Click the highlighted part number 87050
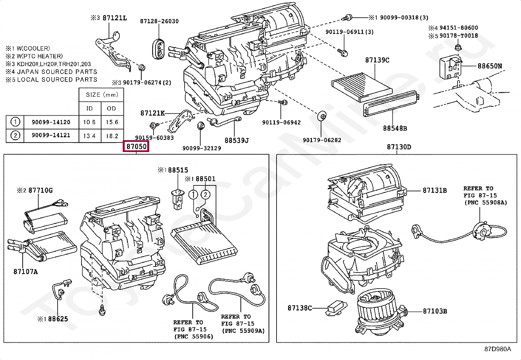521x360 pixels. point(136,146)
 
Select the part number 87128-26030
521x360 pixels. point(159,21)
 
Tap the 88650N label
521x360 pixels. point(489,66)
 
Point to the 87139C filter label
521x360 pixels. point(377,60)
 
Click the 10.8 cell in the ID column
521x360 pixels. point(89,122)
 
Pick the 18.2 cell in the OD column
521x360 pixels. point(112,136)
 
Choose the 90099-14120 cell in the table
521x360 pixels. point(51,122)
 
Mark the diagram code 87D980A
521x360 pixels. point(497,349)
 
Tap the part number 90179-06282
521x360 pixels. point(322,140)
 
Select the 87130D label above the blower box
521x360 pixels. point(399,147)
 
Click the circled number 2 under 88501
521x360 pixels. point(205,195)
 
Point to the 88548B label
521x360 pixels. point(395,128)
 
